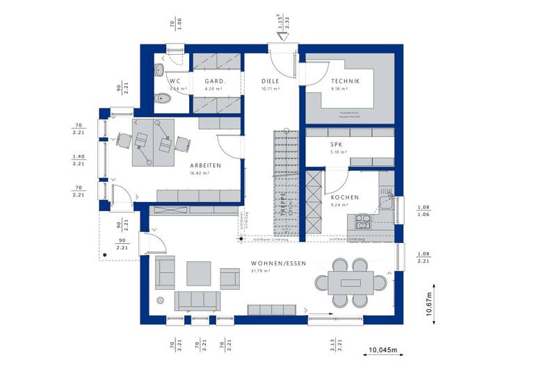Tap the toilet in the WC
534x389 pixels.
pos(165,99)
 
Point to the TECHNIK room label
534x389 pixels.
pos(345,82)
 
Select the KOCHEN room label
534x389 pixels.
pos(345,197)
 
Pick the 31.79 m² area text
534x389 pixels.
pos(259,271)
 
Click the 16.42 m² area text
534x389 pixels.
pos(200,173)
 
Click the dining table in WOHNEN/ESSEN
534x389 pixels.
pos(346,282)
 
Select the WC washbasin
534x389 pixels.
pos(159,71)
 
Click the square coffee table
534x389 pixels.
pos(198,273)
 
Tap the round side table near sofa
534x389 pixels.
pos(160,300)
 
